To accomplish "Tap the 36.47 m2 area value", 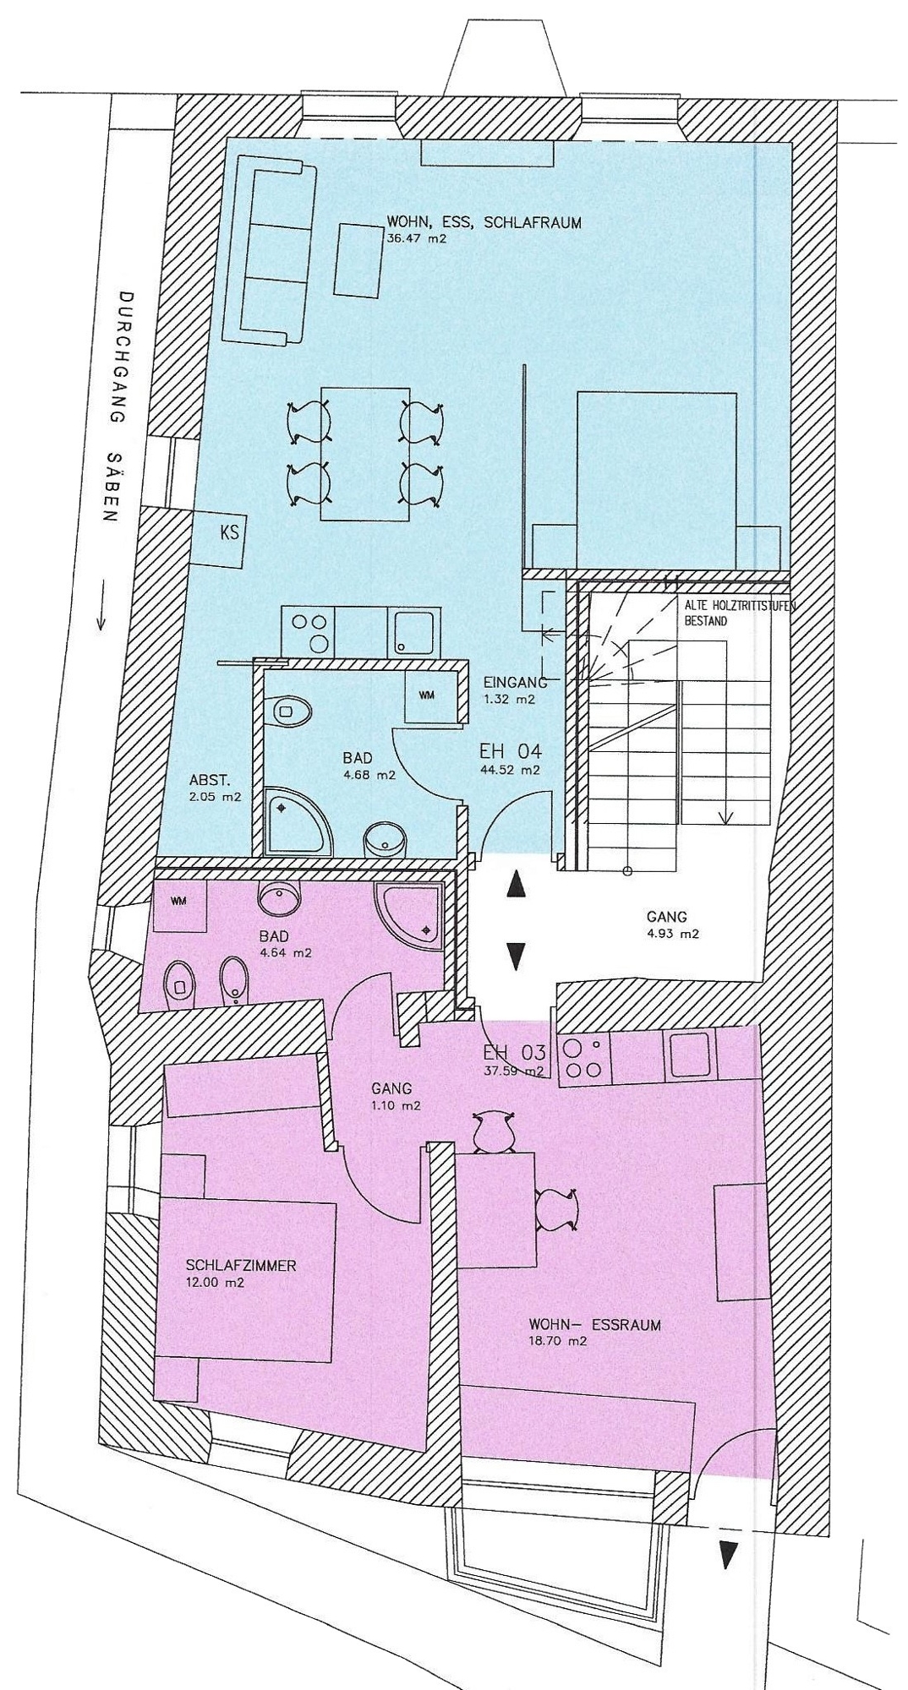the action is [416, 239].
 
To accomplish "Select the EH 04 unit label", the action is [511, 750].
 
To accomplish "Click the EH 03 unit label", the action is [514, 1053].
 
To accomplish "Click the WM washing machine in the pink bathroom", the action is [178, 903].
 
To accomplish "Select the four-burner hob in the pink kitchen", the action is [584, 1057].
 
